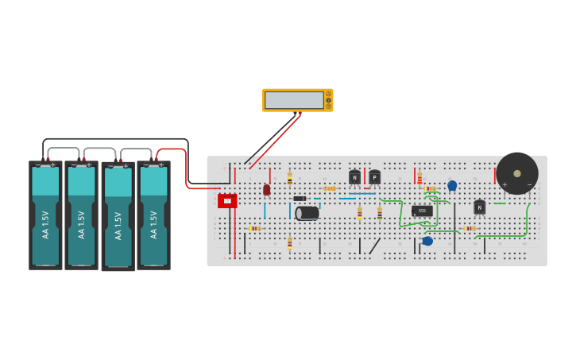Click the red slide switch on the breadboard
[227, 201]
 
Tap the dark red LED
[266, 189]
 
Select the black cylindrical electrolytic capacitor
[307, 213]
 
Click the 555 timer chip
[422, 211]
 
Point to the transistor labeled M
[354, 177]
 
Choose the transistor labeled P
[374, 177]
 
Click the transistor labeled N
[479, 207]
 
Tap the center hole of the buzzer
[517, 173]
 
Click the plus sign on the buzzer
[504, 185]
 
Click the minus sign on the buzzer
[530, 185]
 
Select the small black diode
[300, 198]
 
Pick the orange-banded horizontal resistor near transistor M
[330, 188]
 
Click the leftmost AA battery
[45, 215]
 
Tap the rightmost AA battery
[153, 215]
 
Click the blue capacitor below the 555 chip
[427, 241]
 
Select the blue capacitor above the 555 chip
[452, 185]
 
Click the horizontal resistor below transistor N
[470, 228]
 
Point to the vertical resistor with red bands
[419, 178]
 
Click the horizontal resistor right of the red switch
[254, 228]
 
